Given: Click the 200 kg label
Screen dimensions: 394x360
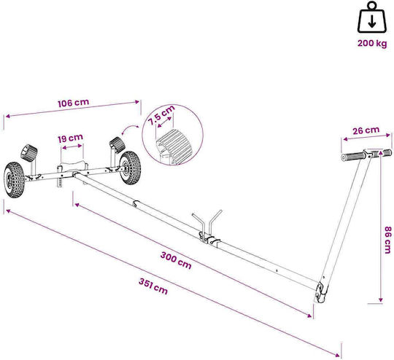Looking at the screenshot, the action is tap(372, 44).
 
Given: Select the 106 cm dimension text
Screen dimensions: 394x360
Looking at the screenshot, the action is tap(74, 103).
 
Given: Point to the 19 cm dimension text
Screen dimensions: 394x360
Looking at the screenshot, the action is tap(70, 138).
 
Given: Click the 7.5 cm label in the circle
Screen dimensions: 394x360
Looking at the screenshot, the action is tap(161, 115).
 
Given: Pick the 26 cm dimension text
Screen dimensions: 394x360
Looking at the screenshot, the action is tap(366, 130).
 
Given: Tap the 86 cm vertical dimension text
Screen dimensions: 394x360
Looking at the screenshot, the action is tap(387, 240).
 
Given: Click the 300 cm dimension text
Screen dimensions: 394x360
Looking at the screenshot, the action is tap(176, 260).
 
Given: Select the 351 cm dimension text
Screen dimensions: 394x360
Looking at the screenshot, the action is tap(153, 286).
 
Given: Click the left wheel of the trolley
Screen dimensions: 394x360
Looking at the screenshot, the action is tap(14, 179).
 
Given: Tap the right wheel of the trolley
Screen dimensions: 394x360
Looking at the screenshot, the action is tap(130, 168).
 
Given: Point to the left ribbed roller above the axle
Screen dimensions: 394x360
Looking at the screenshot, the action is tap(29, 153).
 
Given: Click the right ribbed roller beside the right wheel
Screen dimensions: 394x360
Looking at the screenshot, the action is tap(117, 144).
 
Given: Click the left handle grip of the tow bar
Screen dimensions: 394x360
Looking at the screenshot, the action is tap(353, 156).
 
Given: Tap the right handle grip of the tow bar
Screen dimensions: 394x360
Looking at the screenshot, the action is tap(386, 152).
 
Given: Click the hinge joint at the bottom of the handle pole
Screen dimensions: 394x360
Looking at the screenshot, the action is tap(321, 292).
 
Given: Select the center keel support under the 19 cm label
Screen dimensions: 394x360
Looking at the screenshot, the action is tap(72, 167).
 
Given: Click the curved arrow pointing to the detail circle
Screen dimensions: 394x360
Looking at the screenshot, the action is tap(129, 129).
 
